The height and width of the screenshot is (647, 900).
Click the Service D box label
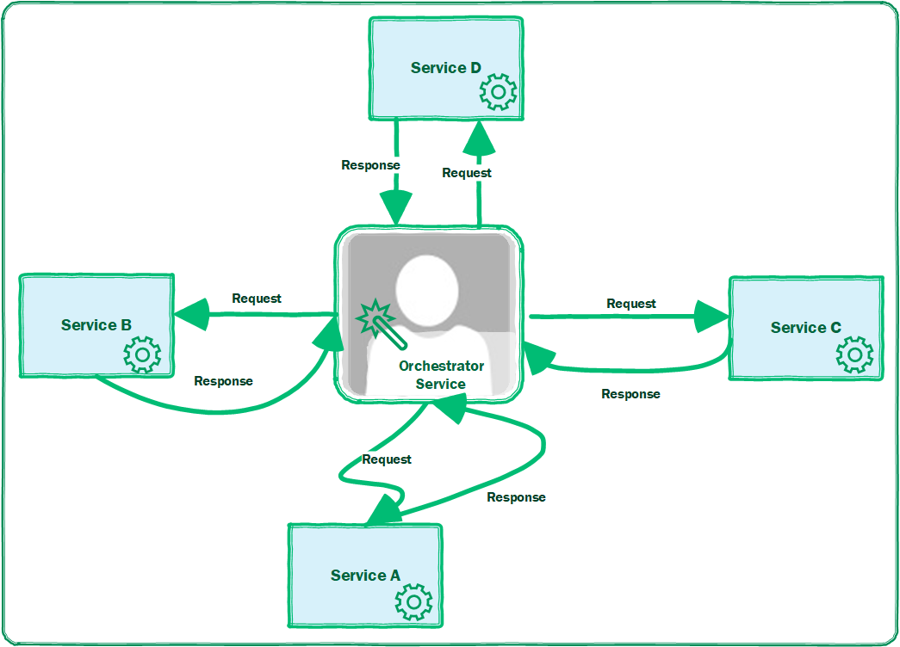pos(445,68)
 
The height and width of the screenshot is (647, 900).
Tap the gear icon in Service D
pos(498,91)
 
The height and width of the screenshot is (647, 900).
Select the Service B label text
pos(96,325)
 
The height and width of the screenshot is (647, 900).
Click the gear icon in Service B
pos(142,354)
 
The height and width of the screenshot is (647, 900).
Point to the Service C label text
pos(805,328)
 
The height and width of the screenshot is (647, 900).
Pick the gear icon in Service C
pos(854,354)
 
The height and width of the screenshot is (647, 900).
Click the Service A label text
pos(365,576)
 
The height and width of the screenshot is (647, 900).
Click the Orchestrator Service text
pos(441,375)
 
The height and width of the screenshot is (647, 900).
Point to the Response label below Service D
pos(370,165)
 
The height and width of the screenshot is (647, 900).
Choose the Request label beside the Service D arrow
pos(467,173)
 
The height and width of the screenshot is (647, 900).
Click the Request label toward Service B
pos(257,299)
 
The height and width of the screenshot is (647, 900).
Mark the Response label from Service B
pos(223,381)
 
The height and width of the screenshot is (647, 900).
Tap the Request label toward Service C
pos(631,304)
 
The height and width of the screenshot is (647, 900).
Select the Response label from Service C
pos(630,394)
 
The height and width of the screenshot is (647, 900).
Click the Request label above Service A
pos(387,459)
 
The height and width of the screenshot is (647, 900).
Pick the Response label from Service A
pos(516,497)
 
